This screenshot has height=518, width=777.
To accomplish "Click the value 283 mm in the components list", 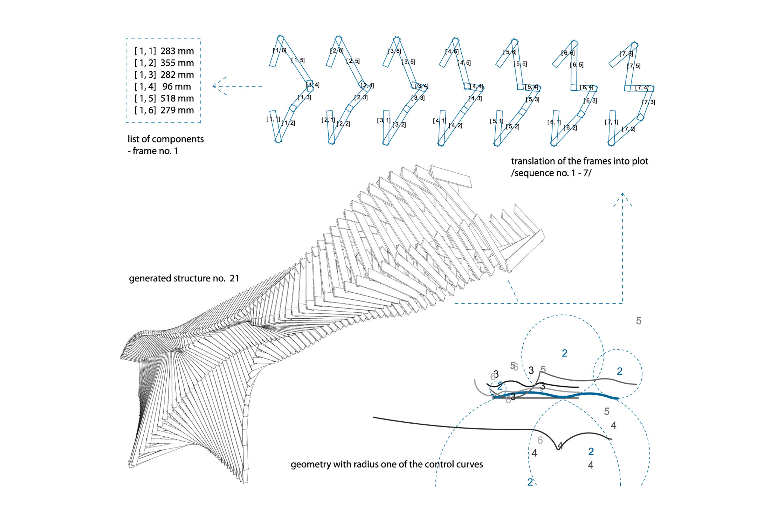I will [x=177, y=51].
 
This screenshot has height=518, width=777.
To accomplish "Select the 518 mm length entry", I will [x=177, y=99].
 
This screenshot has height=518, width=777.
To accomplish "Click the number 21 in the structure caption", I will [x=234, y=278].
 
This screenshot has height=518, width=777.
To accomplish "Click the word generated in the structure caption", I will [x=148, y=279].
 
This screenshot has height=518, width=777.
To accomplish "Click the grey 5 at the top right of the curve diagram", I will [x=639, y=321].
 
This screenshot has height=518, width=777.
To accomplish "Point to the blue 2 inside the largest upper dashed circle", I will [x=564, y=353].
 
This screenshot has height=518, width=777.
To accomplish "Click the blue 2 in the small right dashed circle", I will [x=619, y=371].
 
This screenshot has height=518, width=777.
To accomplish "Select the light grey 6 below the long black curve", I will [x=540, y=440].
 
